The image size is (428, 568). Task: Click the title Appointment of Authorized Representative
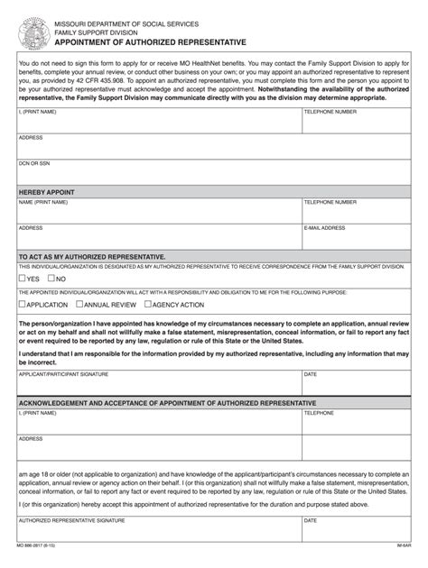(x=150, y=42)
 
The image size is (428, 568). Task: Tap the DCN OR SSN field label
(x=35, y=163)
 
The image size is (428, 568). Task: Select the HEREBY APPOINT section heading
(x=46, y=192)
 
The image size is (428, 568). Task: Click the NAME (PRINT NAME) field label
(x=43, y=202)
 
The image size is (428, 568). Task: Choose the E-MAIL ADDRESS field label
(x=324, y=228)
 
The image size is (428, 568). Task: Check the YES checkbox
(x=23, y=279)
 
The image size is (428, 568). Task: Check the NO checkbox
(x=52, y=279)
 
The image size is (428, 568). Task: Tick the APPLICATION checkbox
(x=23, y=305)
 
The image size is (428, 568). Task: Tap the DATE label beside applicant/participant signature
(x=310, y=373)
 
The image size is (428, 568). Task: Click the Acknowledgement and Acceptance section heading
(x=167, y=402)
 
